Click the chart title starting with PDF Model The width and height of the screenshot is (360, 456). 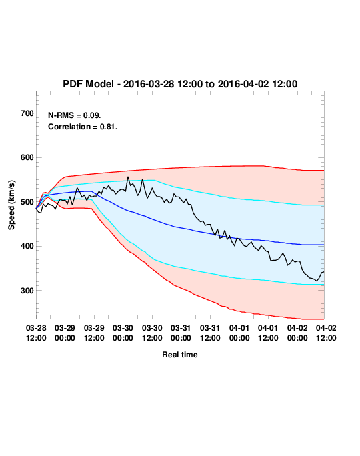tap(180, 84)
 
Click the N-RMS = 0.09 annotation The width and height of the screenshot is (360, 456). tap(75, 115)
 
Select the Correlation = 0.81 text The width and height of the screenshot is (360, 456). tap(83, 127)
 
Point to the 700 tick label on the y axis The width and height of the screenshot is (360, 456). tap(27, 113)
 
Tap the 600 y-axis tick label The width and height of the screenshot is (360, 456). tap(27, 157)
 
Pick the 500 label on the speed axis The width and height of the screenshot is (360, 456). tap(27, 202)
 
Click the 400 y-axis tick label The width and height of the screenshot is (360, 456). tap(27, 246)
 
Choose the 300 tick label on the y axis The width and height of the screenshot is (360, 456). tap(27, 291)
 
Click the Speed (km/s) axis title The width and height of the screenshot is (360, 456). tap(11, 205)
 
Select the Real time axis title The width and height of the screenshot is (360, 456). tap(180, 355)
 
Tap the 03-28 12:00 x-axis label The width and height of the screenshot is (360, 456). tap(36, 333)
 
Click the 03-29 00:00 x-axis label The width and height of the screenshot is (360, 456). tap(65, 333)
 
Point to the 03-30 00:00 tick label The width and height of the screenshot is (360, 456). tap(123, 333)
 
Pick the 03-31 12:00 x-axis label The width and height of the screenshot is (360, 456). tap(210, 333)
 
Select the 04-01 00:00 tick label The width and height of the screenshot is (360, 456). tap(239, 333)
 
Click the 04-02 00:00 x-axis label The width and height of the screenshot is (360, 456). tap(297, 333)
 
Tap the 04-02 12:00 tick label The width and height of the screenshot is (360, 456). tap(326, 333)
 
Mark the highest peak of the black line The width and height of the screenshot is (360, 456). tap(128, 177)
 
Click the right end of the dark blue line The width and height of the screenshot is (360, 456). tap(324, 245)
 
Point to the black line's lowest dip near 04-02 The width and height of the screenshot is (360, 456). tap(317, 281)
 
